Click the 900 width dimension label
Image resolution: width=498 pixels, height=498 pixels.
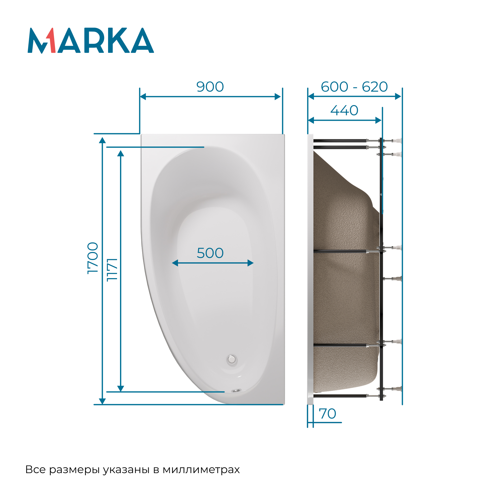pyautogui.click(x=210, y=87)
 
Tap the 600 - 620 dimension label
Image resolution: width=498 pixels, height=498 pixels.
pyautogui.click(x=354, y=87)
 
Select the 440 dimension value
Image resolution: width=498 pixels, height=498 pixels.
pyautogui.click(x=344, y=110)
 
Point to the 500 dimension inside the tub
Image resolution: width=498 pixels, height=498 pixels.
pyautogui.click(x=210, y=253)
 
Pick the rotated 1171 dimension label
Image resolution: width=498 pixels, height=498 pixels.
pyautogui.click(x=112, y=270)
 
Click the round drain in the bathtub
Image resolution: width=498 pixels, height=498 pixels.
pyautogui.click(x=232, y=359)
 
